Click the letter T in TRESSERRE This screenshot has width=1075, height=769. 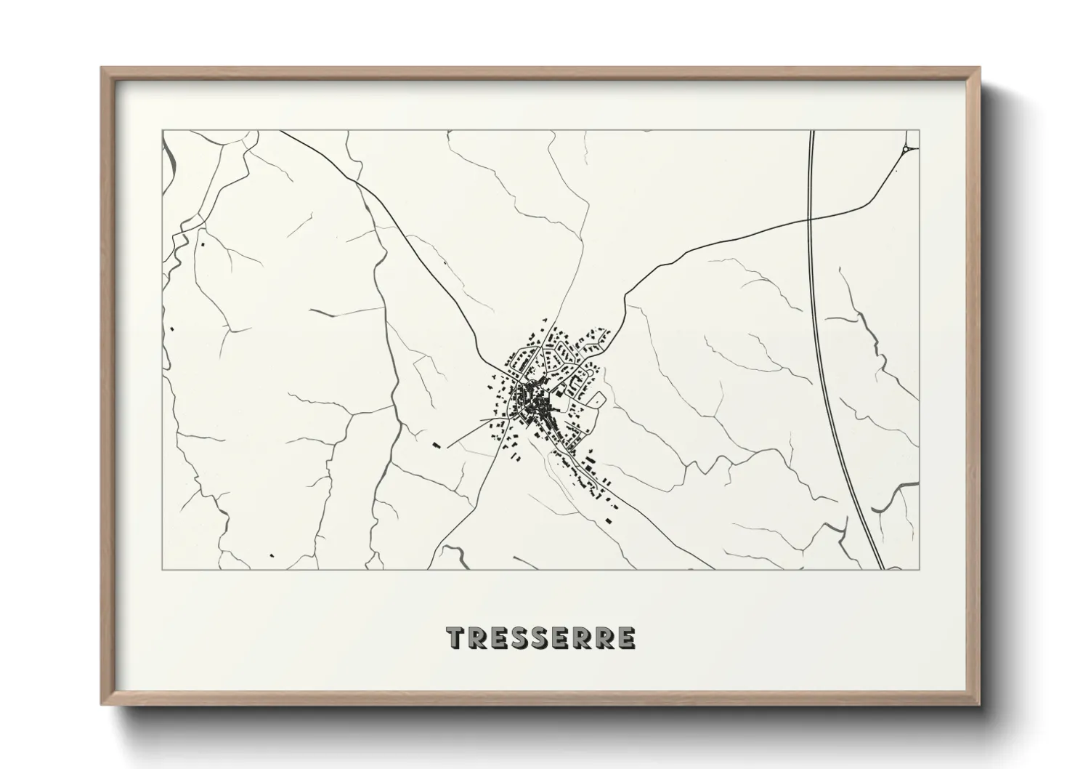455,637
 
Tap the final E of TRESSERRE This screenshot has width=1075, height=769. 626,637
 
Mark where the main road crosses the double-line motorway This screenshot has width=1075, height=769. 811,218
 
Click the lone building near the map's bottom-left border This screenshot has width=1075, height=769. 272,556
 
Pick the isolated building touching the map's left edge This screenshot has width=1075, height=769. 172,329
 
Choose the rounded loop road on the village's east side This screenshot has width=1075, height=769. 599,398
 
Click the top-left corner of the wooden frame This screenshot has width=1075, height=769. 102,68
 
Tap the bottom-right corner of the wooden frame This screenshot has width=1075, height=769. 980,704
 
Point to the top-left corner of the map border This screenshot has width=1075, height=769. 163,131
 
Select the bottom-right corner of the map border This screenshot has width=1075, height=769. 920,569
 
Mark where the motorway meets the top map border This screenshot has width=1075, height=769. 811,132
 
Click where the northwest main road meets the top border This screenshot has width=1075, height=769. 280,132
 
